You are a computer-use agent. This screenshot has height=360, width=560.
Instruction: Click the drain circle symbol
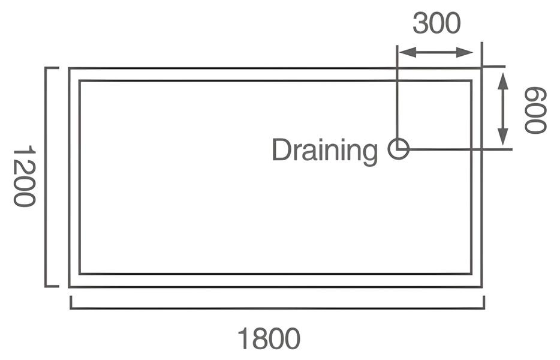[398, 148]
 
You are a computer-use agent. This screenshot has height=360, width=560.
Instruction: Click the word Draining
[324, 150]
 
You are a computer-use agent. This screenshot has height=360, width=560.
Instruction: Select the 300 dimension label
[436, 23]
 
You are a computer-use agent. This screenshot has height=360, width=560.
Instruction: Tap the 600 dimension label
[535, 110]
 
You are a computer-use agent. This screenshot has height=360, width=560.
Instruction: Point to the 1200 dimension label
[25, 176]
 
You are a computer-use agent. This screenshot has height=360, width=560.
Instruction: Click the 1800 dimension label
[269, 339]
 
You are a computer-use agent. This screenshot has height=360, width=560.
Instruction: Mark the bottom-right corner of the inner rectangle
[471, 274]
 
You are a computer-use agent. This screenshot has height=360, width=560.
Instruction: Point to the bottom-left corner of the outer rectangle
[70, 287]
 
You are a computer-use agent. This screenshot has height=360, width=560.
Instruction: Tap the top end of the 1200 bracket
[47, 68]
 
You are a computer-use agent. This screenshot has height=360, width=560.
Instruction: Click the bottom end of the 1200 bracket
[47, 286]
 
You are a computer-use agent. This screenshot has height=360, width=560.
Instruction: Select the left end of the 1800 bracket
[71, 308]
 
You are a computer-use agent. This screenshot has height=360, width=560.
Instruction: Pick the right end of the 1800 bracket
[483, 308]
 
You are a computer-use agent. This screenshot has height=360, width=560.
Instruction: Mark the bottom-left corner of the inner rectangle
[80, 274]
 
